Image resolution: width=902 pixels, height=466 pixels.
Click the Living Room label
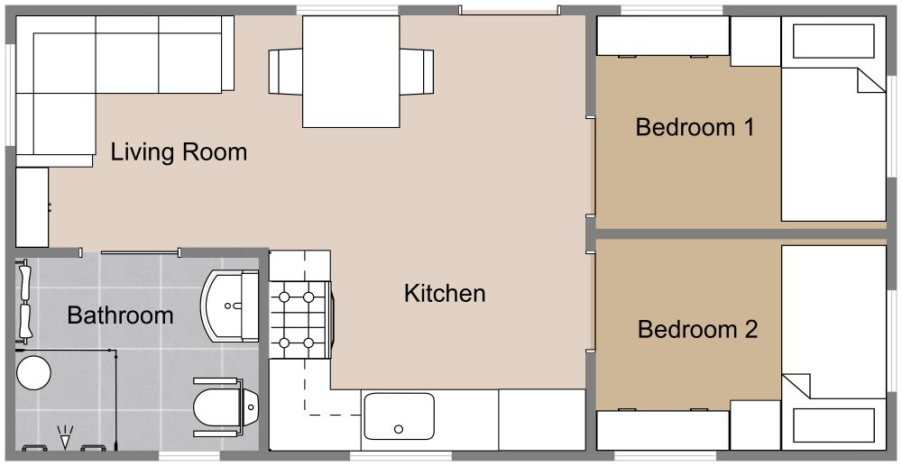tap(179, 151)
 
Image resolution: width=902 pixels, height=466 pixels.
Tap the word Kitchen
tap(445, 293)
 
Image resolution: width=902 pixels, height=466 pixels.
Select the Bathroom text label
tap(120, 315)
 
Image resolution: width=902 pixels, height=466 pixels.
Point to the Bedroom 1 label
tap(695, 127)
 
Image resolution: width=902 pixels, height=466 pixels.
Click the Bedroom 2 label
tap(696, 330)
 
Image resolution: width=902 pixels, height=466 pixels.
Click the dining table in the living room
tap(351, 72)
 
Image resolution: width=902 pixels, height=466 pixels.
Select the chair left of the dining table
tap(285, 70)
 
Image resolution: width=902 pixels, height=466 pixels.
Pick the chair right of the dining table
tap(417, 70)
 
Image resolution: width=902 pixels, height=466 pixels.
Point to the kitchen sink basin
tap(399, 416)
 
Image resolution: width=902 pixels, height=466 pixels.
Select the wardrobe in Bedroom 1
tap(663, 37)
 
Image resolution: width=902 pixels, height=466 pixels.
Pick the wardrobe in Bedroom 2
tap(663, 430)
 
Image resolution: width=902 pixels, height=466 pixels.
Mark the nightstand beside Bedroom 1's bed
tap(755, 41)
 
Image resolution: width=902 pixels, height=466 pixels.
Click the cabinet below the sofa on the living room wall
tap(32, 206)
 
